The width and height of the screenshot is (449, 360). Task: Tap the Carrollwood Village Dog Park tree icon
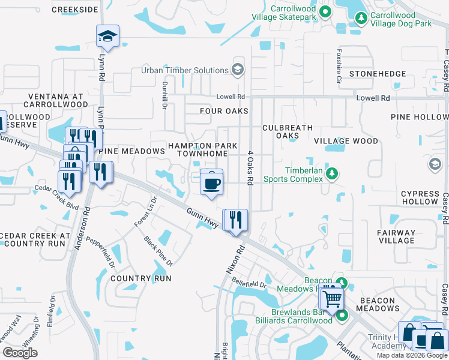click(361, 18)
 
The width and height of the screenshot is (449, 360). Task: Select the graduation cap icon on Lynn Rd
click(107, 36)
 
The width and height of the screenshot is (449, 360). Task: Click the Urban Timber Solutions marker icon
click(238, 70)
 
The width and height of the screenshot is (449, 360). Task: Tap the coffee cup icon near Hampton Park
click(211, 182)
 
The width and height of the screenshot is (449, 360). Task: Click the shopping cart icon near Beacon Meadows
click(331, 298)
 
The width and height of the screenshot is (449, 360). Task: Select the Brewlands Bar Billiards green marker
click(342, 315)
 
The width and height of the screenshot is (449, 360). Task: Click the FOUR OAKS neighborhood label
click(224, 111)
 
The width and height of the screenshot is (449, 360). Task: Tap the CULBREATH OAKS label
click(288, 131)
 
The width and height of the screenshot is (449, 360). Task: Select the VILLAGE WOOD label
click(346, 141)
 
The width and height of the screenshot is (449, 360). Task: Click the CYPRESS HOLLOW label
click(420, 197)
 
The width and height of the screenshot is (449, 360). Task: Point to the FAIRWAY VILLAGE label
click(396, 236)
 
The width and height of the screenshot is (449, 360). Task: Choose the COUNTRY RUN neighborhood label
click(141, 278)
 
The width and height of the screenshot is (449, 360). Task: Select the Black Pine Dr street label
click(158, 251)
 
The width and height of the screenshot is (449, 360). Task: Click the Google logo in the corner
click(20, 353)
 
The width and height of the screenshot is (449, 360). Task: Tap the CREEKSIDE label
click(74, 10)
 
